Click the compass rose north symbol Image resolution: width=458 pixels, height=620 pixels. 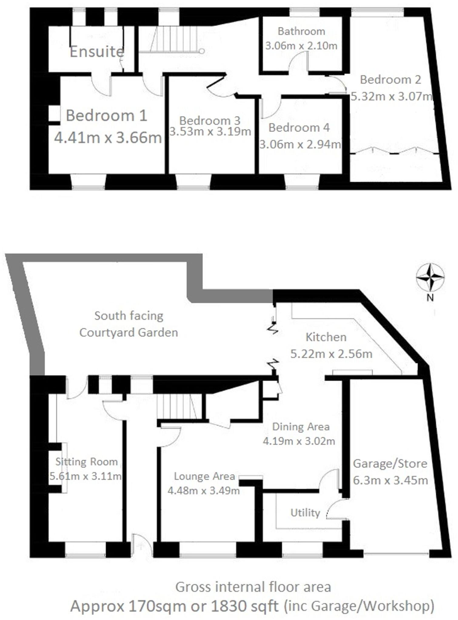pyautogui.click(x=430, y=277)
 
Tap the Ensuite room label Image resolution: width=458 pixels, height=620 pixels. pyautogui.click(x=97, y=52)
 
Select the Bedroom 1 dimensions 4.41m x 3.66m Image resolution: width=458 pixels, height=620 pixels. pyautogui.click(x=108, y=138)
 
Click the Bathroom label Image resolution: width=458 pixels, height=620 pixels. pyautogui.click(x=301, y=31)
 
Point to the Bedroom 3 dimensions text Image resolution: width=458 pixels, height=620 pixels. pyautogui.click(x=210, y=132)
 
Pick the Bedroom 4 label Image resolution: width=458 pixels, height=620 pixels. pyautogui.click(x=299, y=127)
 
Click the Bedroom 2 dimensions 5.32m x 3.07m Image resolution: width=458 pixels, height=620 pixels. pyautogui.click(x=391, y=96)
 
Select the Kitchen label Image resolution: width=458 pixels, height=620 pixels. pyautogui.click(x=326, y=337)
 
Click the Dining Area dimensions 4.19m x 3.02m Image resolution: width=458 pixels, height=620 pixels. pyautogui.click(x=299, y=441)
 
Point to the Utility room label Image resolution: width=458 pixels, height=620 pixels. pyautogui.click(x=305, y=513)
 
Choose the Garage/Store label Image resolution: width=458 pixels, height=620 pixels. pyautogui.click(x=390, y=463)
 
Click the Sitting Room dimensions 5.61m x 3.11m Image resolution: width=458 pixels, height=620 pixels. pyautogui.click(x=86, y=476)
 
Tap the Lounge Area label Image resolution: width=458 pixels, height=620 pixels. pyautogui.click(x=204, y=476)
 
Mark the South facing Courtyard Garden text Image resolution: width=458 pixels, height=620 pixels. pyautogui.click(x=129, y=324)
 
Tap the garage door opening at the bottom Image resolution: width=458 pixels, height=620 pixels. pyautogui.click(x=396, y=554)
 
